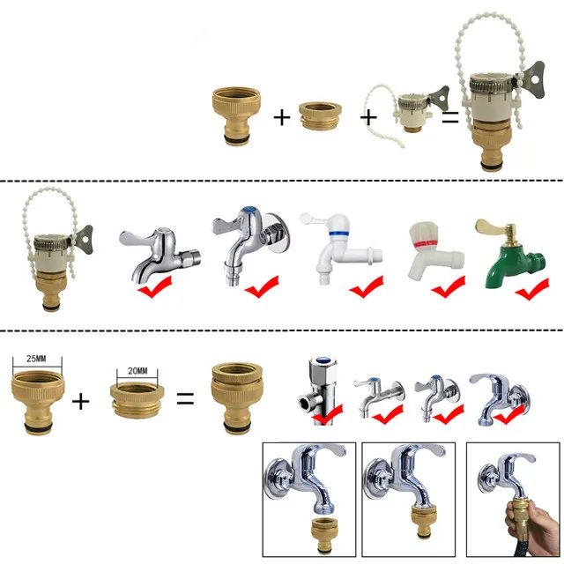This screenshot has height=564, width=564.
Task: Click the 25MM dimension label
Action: pos(36,359)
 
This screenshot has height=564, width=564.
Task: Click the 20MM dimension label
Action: pos(137,371)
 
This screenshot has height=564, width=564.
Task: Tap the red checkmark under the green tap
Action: pos(532,289)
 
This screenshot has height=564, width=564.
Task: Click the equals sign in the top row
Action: pos(450,117)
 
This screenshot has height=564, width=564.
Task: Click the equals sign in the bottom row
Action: pos(186,398)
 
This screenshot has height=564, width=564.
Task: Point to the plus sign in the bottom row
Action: pos(80,401)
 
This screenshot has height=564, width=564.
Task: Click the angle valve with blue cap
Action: pos(319,390)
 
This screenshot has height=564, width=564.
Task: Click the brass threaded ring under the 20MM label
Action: pos(137,400)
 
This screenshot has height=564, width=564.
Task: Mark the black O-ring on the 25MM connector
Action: pos(39,427)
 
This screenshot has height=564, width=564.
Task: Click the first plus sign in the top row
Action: pos(282,117)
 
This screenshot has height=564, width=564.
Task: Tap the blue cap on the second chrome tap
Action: pos(249,210)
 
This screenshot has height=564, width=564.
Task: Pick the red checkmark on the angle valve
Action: pos(328,413)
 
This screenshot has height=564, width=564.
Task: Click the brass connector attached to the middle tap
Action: pos(423,521)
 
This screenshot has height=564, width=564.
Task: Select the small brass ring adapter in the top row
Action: pos(320,115)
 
